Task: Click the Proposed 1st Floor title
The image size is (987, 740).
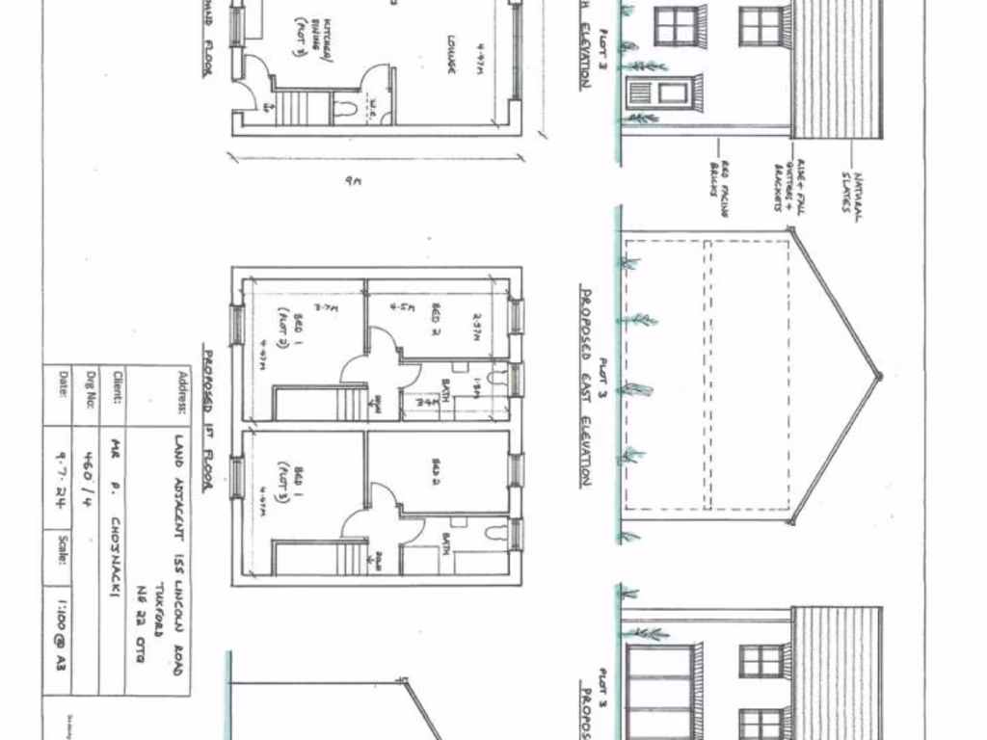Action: tap(206, 418)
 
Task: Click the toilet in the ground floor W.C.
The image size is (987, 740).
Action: tap(348, 107)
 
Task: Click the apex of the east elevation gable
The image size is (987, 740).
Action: tap(877, 377)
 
